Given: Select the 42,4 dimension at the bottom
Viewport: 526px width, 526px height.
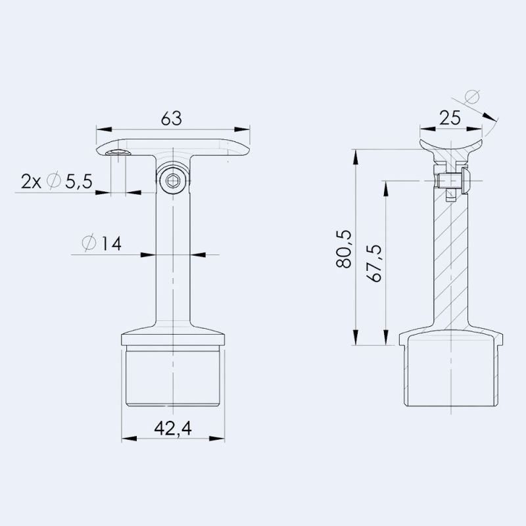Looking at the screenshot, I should (173, 428).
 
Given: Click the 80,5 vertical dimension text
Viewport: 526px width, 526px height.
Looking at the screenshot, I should (344, 249).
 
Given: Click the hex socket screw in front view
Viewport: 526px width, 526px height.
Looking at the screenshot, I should (173, 179).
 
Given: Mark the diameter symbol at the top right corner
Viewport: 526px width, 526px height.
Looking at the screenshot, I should (471, 97).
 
